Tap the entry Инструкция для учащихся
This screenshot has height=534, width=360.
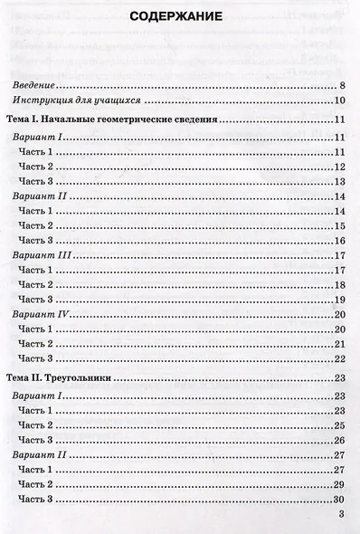(x=81, y=100)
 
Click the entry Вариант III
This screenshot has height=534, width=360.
(x=46, y=256)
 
